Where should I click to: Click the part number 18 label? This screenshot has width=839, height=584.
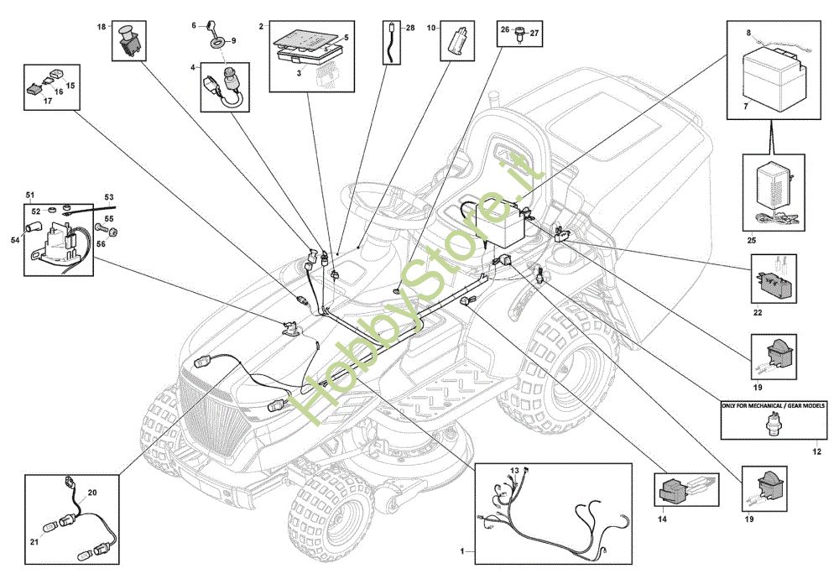102,27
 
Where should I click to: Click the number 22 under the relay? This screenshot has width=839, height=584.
758,313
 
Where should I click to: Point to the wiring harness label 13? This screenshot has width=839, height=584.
515,470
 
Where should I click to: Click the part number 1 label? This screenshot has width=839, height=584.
461,551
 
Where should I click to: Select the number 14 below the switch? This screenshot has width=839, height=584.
662,520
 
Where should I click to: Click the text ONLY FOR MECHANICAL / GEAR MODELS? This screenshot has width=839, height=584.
773,406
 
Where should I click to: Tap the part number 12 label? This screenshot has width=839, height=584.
816,452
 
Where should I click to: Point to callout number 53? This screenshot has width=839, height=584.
109,197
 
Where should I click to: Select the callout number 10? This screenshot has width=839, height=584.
431,27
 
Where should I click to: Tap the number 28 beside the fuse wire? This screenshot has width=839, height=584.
410,28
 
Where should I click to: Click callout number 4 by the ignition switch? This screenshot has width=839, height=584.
194,66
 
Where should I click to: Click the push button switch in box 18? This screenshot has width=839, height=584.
130,39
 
